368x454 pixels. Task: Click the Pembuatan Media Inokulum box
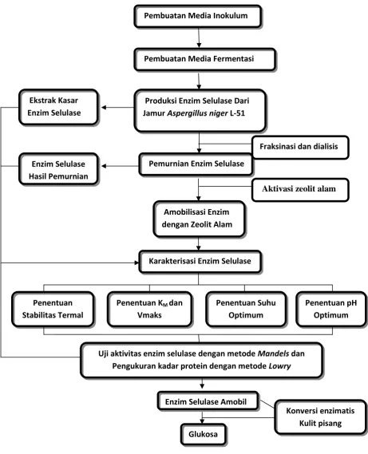coord(198,16)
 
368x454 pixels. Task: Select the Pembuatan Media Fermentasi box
coord(204,60)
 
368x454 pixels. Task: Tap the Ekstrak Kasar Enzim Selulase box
coord(58,108)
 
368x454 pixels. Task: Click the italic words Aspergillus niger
coord(197,113)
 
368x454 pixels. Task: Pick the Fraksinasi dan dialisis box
coord(300,148)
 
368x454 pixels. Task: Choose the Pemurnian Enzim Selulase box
coord(196,164)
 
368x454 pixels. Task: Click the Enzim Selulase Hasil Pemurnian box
coord(58,169)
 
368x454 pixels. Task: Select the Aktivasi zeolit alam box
coord(300,190)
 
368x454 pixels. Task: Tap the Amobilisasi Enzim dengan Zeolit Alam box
coord(200,219)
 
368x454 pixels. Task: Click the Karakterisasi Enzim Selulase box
coord(200,262)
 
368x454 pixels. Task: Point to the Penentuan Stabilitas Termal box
coord(53,310)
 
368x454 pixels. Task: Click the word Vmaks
coord(149,315)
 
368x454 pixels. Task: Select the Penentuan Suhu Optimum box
coord(246,310)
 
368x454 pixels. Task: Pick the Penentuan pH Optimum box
coord(331,310)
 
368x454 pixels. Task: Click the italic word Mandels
coord(273,353)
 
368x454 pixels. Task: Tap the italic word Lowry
coord(279,366)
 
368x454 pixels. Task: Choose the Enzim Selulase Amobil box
coord(208,401)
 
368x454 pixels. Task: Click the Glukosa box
coord(204,434)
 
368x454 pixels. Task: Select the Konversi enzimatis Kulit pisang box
coord(320,417)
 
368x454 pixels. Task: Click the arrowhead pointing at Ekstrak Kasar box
coord(104,108)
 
